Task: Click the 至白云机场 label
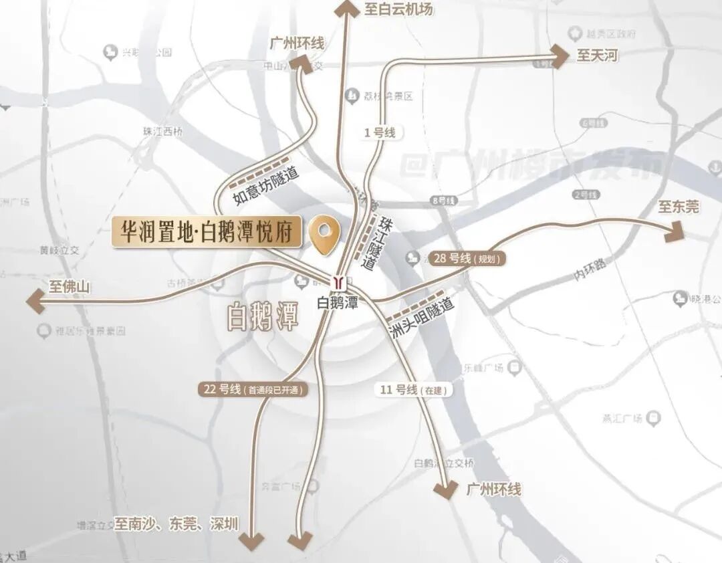coord(398,9)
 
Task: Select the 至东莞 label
coord(678,207)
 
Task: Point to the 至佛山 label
coord(69,288)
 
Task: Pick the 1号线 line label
coord(380,132)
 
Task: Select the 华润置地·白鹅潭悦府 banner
coord(207,232)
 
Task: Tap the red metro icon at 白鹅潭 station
coord(339,281)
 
